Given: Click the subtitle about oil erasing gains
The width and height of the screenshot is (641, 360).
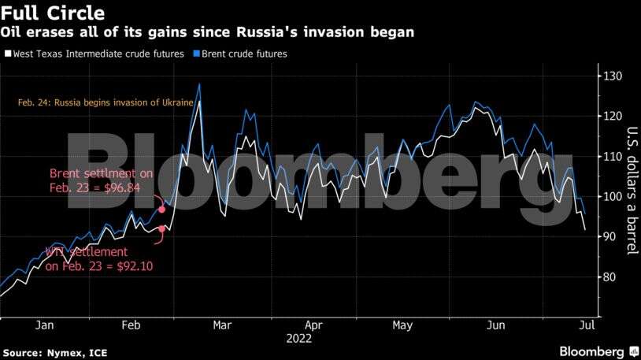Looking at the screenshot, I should pos(207,33).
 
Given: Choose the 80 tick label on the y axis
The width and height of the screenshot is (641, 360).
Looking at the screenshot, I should pos(609,277).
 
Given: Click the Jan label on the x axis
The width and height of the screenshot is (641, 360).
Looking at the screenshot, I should pos(45,325).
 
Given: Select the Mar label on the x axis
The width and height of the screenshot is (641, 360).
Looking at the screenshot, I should pos(223,325).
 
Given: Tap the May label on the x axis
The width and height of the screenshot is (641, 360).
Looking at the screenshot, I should pos(402,325).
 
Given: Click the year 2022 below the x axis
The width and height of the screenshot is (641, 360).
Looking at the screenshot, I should pos(299,339).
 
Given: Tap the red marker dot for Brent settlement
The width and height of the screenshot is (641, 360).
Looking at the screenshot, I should pos(162,210).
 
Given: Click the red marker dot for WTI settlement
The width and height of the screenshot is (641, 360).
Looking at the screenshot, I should pos(162,229).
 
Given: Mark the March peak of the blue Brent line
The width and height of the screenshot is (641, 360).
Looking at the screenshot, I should pos(199,83).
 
